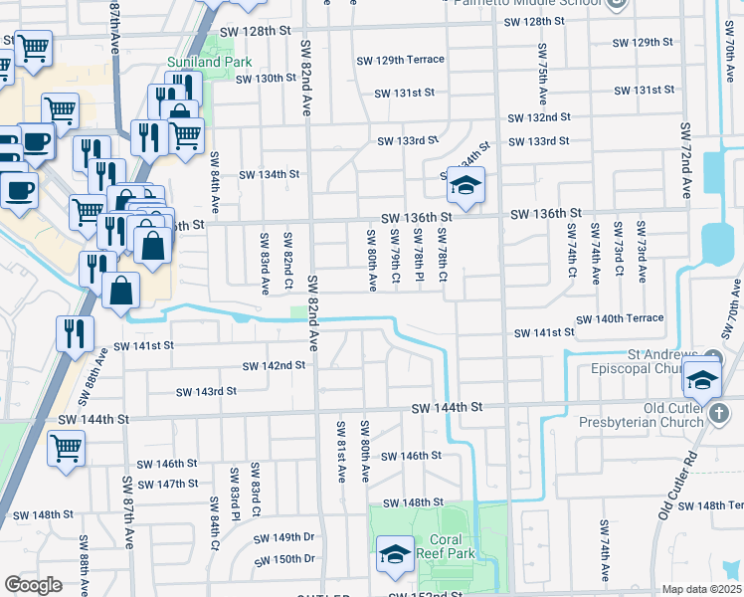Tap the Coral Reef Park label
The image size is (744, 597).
pos(440,546)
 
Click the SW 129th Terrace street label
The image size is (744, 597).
pos(401,60)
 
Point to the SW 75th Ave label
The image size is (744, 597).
pos(542,75)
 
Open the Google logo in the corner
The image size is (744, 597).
pos(33,584)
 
